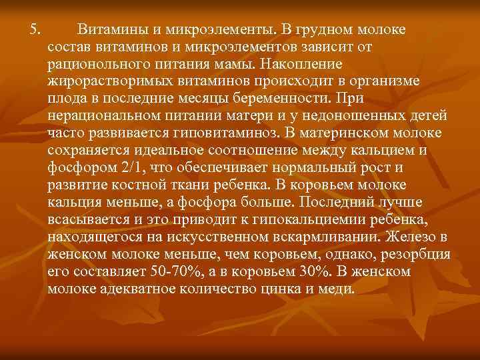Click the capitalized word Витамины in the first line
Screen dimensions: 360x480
[x=107, y=30]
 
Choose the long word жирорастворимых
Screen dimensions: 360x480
[x=99, y=82]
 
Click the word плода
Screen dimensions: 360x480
[x=65, y=99]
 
